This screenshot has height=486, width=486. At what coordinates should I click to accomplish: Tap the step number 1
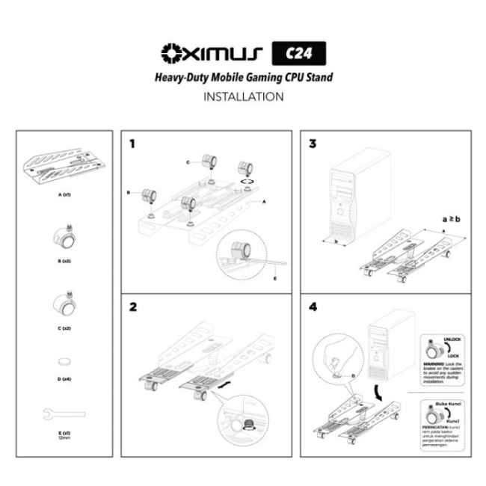point(132,143)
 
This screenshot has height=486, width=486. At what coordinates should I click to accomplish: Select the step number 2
point(132,308)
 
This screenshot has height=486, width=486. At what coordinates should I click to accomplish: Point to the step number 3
point(313,143)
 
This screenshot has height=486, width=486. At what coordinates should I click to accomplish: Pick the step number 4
point(313,308)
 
